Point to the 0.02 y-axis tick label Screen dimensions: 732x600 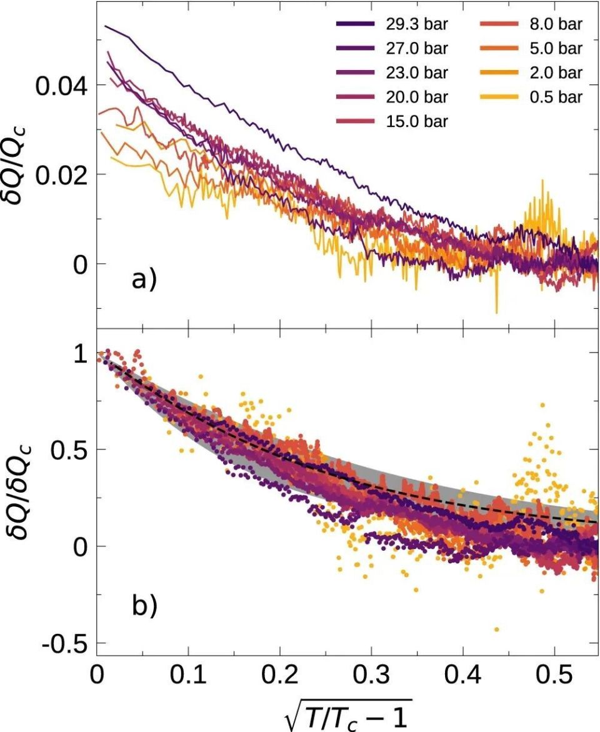[62, 174]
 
